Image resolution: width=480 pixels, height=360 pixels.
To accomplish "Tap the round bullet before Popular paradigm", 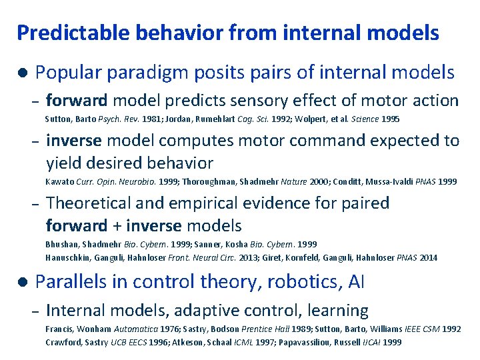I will tap(22, 73).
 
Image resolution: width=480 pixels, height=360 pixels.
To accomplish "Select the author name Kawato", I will tap(59, 181).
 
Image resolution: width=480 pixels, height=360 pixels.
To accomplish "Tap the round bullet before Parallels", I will tap(22, 282).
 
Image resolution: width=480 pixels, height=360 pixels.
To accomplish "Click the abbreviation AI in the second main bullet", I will tap(356, 283).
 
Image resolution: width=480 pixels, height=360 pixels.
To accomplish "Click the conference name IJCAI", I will tap(371, 342).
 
